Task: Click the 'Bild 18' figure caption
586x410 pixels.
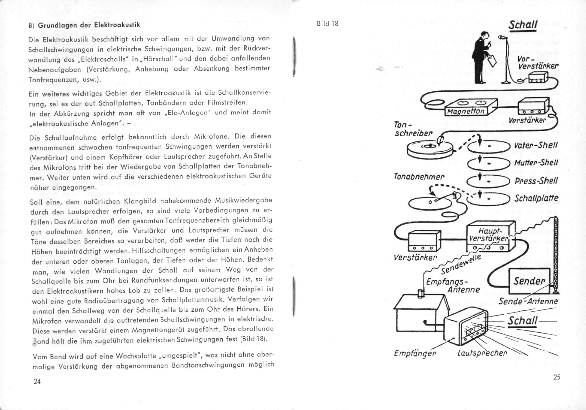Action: (327, 24)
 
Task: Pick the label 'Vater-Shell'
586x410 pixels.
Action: (535, 145)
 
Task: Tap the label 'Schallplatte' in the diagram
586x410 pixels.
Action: (536, 198)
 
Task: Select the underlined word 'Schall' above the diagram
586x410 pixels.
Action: (523, 25)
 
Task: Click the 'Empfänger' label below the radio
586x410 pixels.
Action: (415, 353)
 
